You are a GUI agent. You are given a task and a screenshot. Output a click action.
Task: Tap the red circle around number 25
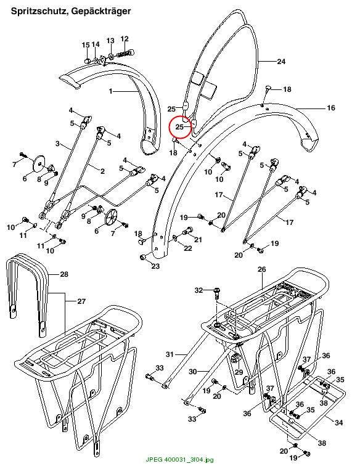coord(181,127)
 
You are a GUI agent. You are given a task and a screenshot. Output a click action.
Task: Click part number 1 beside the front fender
coord(110,91)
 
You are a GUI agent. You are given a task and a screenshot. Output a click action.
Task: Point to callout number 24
coord(281,62)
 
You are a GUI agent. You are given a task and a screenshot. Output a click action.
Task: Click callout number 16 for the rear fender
coord(331,108)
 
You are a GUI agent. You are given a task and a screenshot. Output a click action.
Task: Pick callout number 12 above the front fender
coord(125,39)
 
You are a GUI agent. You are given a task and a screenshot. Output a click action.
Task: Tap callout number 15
coord(86,45)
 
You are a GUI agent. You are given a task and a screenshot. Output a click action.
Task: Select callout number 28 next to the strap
coord(64,274)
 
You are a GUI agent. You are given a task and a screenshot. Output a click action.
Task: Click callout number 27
coord(81,301)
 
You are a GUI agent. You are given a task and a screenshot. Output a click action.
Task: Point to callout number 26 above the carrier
coord(262,269)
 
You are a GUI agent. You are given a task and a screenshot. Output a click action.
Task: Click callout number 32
coord(198,290)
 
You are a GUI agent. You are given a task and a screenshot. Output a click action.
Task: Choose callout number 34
coord(339,423)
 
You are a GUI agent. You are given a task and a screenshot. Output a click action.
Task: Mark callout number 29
coord(239,372)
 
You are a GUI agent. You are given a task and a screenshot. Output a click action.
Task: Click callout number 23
coord(156,266)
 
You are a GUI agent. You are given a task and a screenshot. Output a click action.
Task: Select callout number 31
coord(170,354)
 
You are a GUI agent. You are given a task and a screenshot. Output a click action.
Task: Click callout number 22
coord(188,248)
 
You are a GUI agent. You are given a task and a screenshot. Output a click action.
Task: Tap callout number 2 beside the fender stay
coord(102,171)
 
